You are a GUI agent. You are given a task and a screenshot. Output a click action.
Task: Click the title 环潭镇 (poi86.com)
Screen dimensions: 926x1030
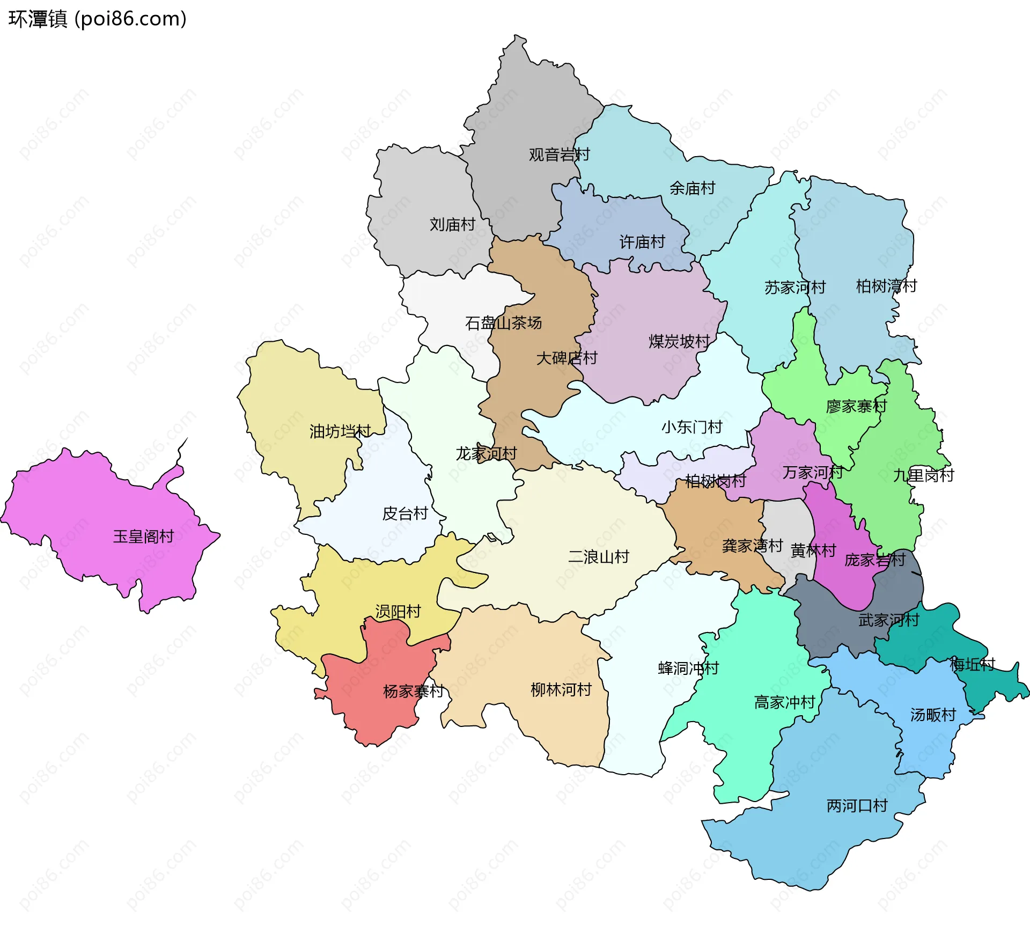click(97, 19)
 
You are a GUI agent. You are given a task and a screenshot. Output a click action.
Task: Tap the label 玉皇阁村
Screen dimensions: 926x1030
click(143, 537)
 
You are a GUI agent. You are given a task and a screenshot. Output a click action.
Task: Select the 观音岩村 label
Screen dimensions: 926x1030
click(559, 155)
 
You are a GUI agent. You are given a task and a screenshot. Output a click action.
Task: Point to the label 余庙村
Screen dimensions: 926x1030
click(692, 188)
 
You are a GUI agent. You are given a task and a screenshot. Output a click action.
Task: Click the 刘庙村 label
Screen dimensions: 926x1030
click(452, 225)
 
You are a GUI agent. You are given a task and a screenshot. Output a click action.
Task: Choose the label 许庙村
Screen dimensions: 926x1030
click(642, 242)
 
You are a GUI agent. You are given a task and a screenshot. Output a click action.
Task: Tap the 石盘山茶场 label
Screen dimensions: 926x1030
click(503, 323)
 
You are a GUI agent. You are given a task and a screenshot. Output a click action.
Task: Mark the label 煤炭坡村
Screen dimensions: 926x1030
click(679, 342)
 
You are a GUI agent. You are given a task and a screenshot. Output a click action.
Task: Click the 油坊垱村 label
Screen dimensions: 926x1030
click(340, 431)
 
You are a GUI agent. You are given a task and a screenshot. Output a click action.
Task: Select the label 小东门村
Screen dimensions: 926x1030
click(691, 428)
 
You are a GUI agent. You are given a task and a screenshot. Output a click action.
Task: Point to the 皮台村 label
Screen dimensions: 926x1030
click(404, 514)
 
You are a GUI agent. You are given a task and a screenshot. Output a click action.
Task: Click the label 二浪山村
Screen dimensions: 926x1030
click(598, 557)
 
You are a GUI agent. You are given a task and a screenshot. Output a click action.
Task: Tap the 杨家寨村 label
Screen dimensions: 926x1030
click(413, 692)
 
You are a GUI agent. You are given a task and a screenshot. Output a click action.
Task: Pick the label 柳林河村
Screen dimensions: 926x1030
click(561, 690)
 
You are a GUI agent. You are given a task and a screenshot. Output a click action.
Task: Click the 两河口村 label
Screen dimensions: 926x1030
click(857, 806)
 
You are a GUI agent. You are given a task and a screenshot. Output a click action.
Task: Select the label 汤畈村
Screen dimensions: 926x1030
click(933, 715)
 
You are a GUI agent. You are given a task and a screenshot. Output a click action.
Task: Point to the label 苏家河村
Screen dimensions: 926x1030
click(794, 288)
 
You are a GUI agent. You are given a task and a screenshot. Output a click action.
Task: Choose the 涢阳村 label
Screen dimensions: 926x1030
click(398, 612)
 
